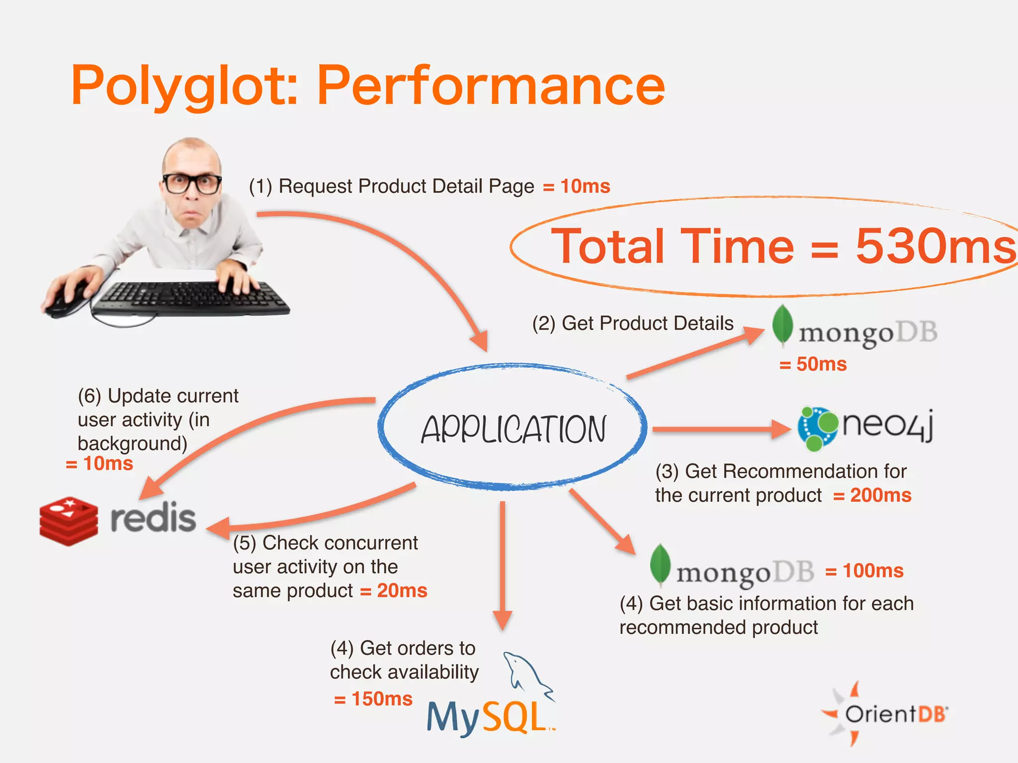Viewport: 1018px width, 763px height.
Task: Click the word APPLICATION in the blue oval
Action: coord(513,430)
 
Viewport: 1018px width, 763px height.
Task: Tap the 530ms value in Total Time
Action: coord(934,246)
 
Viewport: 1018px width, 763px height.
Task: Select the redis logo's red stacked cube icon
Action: coord(69,521)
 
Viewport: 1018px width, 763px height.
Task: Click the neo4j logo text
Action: coord(887,425)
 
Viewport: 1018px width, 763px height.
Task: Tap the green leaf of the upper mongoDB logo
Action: coord(782,324)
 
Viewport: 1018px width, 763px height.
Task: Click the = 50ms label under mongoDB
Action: coord(813,364)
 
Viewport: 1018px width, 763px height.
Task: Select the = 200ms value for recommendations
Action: coord(873,495)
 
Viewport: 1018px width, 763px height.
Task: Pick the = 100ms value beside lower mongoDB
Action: coord(865,571)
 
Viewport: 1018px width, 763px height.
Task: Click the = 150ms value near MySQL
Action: coord(374,699)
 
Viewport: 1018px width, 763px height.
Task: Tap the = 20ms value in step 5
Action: coord(394,591)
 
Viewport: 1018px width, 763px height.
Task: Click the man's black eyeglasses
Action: coord(191,183)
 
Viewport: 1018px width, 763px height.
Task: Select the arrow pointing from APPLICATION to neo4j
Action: coord(721,429)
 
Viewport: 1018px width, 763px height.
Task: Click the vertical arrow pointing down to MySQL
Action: coord(503,566)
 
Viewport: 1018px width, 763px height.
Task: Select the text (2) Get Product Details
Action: coord(633,323)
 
